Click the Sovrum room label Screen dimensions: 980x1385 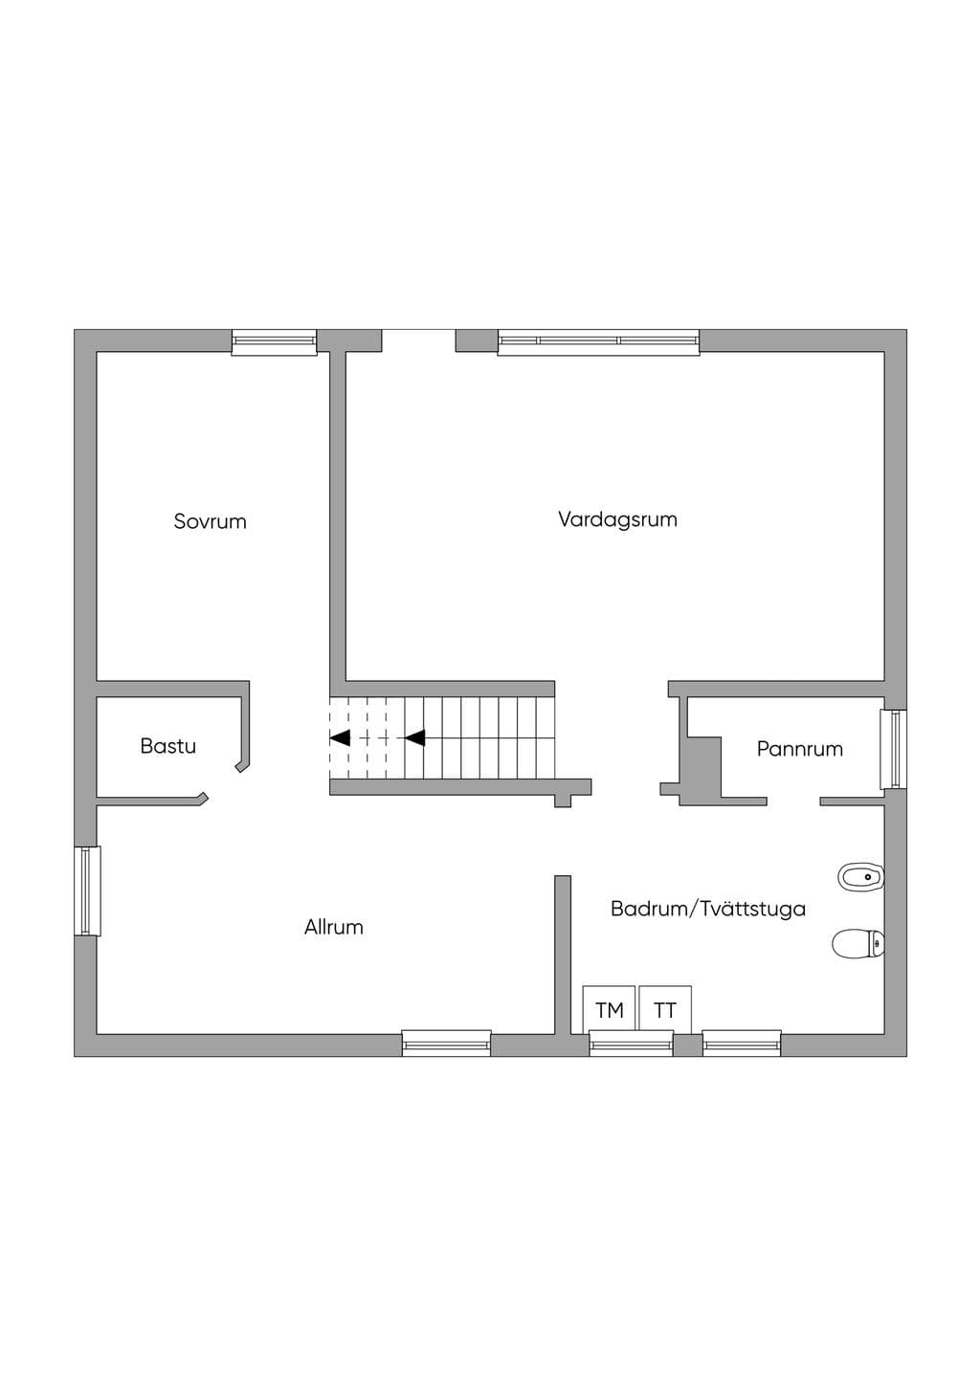pos(210,521)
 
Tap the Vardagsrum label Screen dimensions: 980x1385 pos(617,519)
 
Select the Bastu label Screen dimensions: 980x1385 pos(168,746)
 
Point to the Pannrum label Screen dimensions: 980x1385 pos(799,749)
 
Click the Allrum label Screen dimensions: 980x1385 pos(333,927)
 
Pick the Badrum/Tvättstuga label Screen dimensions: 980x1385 pos(708,909)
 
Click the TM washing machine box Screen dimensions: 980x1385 pos(609,1009)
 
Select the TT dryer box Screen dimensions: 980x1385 pos(665,1009)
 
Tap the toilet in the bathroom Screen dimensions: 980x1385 pos(858,944)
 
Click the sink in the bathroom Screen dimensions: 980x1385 pos(860,877)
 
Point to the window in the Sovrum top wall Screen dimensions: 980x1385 pos(274,341)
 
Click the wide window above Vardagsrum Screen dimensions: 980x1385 pos(599,341)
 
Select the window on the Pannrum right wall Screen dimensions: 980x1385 pos(893,749)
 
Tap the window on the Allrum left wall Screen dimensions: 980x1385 pos(87,891)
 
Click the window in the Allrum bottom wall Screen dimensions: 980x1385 pos(446,1044)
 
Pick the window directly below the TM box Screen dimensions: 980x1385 pos(631,1044)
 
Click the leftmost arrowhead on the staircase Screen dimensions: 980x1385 pos(341,737)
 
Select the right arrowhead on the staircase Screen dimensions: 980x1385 pos(415,737)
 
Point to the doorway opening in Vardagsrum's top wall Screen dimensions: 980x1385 pos(419,341)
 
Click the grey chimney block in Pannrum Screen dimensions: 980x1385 pos(704,770)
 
